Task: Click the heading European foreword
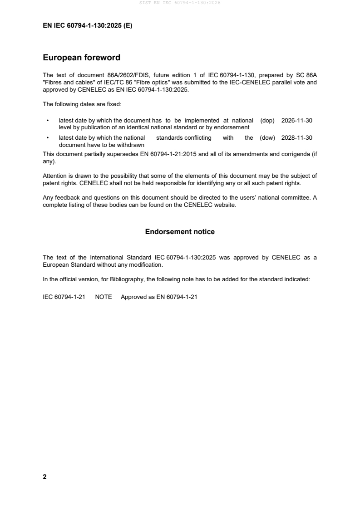81,58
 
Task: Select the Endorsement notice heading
180,232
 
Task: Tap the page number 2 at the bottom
44,477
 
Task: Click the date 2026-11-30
297,121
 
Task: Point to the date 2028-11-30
297,138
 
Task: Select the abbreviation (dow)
267,138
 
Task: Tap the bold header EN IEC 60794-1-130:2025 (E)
88,26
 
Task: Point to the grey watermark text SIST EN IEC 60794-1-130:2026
180,3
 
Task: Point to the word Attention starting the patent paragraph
55,176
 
